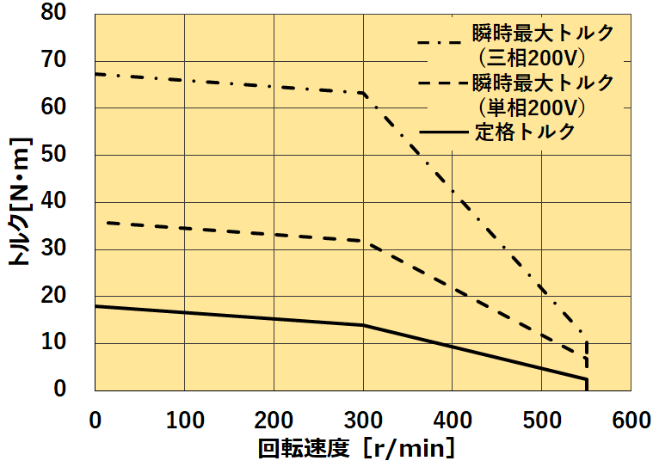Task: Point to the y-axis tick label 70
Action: [66, 60]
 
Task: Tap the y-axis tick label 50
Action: [66, 155]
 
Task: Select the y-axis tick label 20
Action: [66, 296]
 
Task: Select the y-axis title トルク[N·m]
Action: [19, 201]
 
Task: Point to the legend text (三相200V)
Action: [531, 58]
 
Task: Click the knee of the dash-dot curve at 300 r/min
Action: [363, 93]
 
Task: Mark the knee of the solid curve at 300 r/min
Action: [363, 325]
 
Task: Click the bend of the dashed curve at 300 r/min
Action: [363, 241]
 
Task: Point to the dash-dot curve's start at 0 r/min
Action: [95, 74]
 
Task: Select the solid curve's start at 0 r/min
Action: [95, 305]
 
